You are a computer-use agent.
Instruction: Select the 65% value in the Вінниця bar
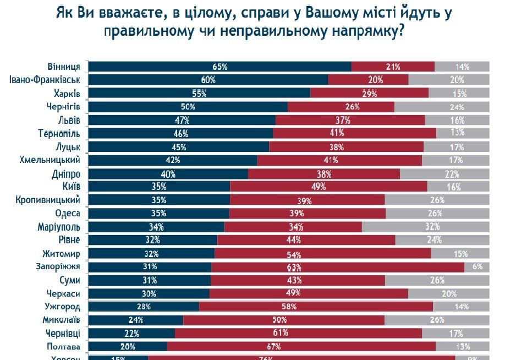(219, 67)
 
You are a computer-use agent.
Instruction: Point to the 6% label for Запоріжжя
(477, 268)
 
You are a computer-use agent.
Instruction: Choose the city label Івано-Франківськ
(45, 80)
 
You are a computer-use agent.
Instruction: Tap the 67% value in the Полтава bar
(273, 347)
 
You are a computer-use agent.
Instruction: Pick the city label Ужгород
(62, 307)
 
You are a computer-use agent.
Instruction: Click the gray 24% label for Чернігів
(456, 107)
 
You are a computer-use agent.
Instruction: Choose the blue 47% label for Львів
(182, 120)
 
